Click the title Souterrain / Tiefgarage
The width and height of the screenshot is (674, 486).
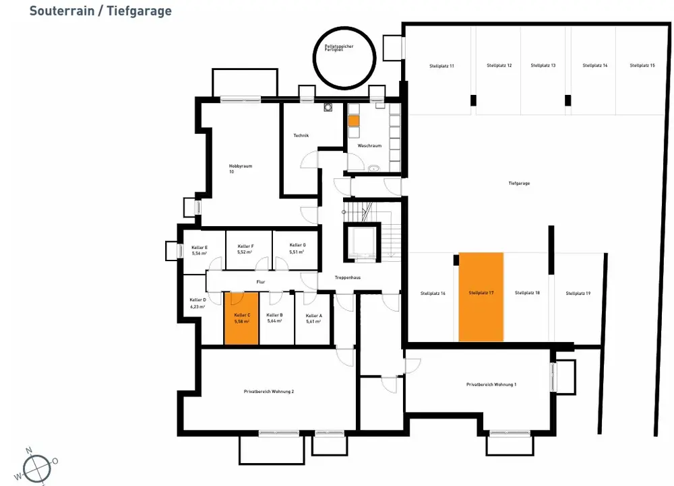(x=100, y=11)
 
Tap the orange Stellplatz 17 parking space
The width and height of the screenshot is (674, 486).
(x=481, y=296)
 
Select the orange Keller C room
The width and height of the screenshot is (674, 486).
(x=241, y=319)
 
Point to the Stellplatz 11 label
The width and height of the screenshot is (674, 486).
(x=441, y=66)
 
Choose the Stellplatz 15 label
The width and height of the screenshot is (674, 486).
(x=642, y=65)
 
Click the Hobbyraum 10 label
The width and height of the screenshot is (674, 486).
(x=240, y=168)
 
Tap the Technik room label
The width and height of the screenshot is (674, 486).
(x=301, y=136)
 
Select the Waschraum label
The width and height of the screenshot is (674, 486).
(x=370, y=145)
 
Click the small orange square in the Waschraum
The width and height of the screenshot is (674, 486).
(x=354, y=122)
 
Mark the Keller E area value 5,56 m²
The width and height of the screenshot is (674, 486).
(x=199, y=254)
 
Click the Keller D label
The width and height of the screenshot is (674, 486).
(x=197, y=300)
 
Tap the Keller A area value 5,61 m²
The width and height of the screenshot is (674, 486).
(x=313, y=321)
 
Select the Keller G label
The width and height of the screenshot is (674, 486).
(x=297, y=245)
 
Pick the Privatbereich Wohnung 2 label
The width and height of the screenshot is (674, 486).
(x=269, y=391)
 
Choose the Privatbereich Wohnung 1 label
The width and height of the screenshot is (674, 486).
(x=491, y=384)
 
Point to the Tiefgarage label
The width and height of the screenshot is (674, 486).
(x=518, y=183)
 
